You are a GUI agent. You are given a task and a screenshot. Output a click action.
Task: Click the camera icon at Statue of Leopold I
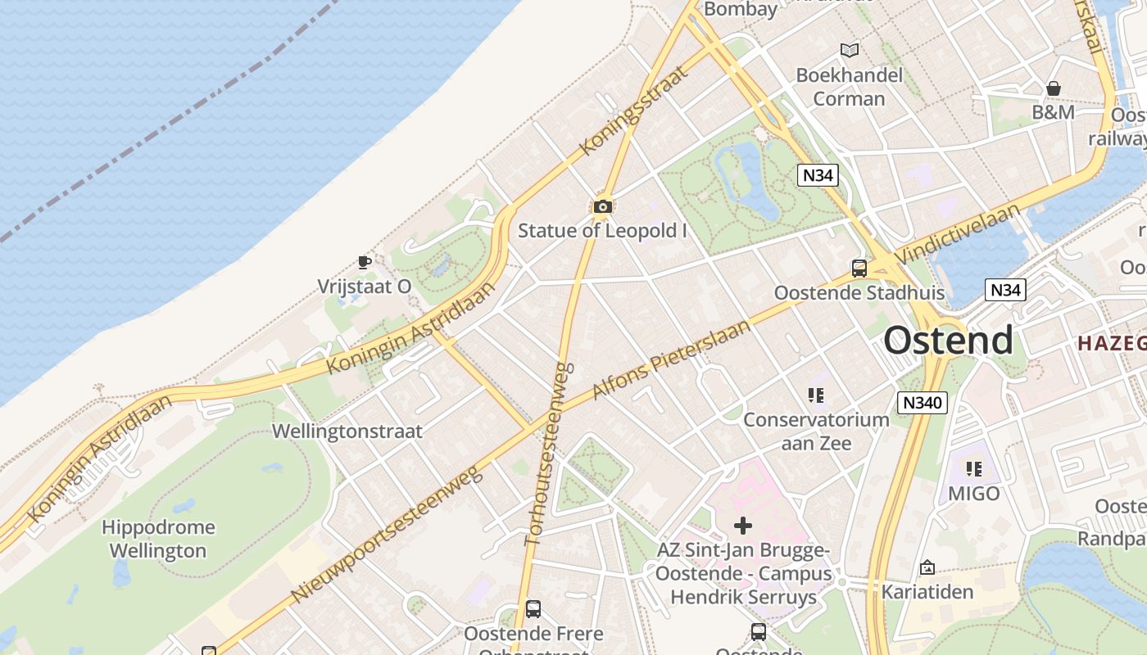point(603,206)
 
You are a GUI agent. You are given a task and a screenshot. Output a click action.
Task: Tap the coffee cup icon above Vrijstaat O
point(365,262)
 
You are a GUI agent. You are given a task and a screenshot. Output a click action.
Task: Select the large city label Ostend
point(948,340)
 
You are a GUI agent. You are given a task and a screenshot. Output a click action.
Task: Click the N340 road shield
point(922,402)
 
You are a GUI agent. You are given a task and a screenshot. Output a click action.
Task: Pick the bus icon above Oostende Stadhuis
point(859,268)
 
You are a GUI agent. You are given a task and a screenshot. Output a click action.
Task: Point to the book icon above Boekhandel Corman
point(850,51)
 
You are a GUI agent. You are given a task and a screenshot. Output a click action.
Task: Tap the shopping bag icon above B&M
point(1054,88)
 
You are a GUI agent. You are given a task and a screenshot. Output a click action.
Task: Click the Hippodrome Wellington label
point(159,539)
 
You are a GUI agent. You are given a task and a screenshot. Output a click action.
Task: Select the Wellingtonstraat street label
point(347,431)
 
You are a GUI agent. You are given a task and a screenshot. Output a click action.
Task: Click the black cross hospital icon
point(743,525)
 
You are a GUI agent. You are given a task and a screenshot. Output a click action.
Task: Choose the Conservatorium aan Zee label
point(816,431)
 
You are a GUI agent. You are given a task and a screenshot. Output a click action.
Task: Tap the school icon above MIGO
point(974,469)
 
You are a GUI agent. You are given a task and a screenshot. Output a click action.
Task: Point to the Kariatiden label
point(927,591)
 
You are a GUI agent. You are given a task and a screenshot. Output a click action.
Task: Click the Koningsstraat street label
point(632,111)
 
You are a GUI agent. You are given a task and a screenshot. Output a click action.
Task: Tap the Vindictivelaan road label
point(959,233)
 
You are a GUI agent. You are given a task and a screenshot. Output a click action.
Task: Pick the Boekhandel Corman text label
point(850,87)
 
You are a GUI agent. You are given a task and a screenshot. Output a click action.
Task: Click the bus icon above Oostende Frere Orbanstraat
point(533,609)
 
